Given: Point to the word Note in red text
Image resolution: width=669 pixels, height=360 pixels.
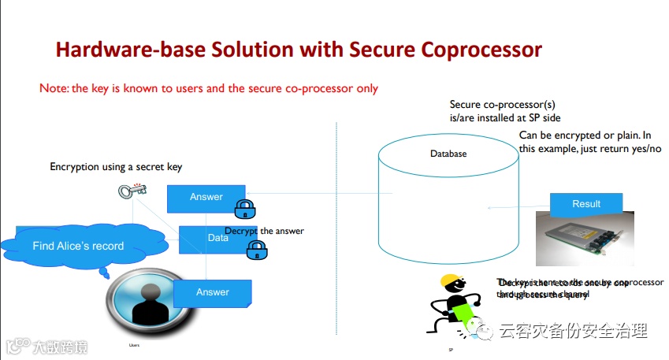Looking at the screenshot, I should (53, 88).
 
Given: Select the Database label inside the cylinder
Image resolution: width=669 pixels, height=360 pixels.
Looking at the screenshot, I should (448, 154).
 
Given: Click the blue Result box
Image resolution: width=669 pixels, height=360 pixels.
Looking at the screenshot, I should (585, 204).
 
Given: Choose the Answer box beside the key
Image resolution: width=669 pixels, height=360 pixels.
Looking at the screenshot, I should (206, 197).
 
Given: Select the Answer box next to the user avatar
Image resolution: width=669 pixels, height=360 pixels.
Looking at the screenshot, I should (212, 292).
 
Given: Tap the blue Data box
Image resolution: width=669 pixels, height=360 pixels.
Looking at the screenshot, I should (217, 237).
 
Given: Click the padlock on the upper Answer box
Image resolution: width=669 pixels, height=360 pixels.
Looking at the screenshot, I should (244, 209).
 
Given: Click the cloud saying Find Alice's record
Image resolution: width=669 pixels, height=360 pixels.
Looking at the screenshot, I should (78, 246).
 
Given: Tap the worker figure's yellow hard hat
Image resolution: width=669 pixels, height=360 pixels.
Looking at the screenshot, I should (450, 281).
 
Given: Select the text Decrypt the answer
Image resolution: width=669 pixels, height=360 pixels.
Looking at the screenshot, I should (265, 231).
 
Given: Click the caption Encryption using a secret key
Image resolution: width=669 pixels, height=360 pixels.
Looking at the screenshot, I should (116, 167).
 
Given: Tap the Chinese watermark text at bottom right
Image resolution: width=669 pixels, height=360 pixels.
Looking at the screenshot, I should (573, 332).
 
